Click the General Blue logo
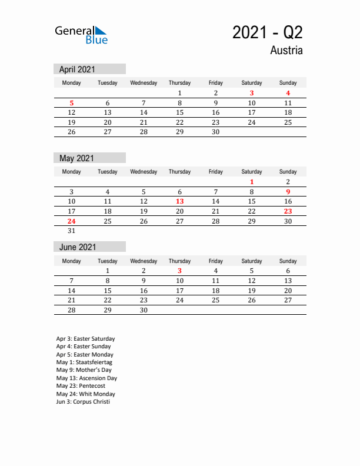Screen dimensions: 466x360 (81, 35)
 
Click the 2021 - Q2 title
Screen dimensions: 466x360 (267, 32)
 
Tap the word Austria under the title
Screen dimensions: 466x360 (286, 51)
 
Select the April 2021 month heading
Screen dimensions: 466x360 (77, 69)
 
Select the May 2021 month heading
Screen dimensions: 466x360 (76, 158)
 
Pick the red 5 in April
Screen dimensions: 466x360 (72, 103)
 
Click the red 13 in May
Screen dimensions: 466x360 (179, 201)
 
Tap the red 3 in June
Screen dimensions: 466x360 (179, 271)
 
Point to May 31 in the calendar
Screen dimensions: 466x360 (72, 231)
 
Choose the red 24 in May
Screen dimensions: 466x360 (72, 221)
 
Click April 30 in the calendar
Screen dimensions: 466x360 (215, 132)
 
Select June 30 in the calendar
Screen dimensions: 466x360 (144, 310)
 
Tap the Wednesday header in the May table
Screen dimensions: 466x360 (144, 172)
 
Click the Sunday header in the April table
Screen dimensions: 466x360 (288, 83)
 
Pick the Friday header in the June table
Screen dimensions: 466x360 (215, 261)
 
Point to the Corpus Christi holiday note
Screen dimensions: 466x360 (83, 402)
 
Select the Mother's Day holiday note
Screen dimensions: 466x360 (84, 370)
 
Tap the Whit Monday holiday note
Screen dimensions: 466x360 (86, 394)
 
